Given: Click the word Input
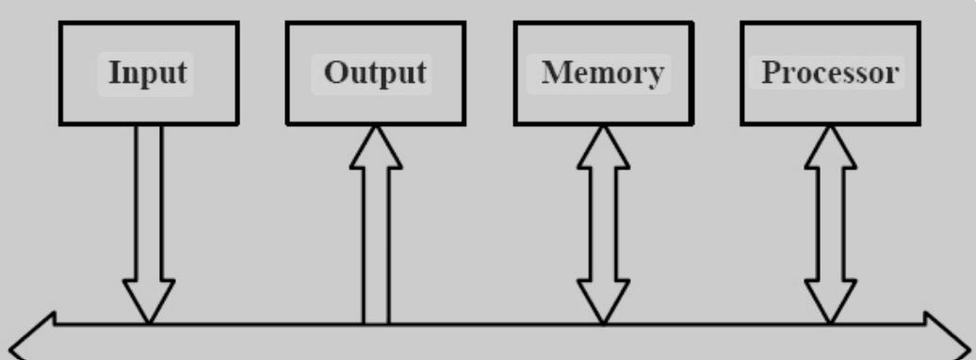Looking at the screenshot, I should point(146,74).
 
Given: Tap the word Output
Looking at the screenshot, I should point(374,74).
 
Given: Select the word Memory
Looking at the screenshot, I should point(603,74).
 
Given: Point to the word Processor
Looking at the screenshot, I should point(830,74).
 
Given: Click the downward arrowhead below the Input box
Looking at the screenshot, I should point(148,300).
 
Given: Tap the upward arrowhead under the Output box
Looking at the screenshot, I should point(376,150).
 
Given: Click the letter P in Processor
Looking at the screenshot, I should point(771,74).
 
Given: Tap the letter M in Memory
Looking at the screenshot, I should point(554,74).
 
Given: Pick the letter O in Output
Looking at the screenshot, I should point(334,74).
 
